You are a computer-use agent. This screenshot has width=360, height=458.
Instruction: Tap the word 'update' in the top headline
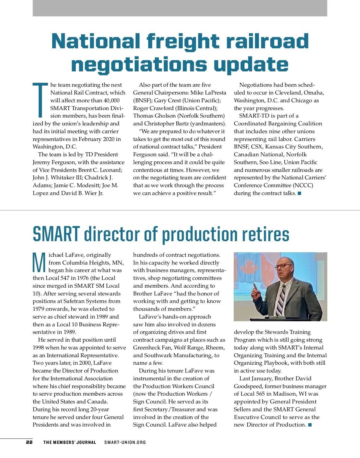250,64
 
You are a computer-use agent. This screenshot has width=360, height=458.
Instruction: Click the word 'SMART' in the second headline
56,234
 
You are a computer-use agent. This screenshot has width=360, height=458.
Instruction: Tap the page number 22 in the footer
29,442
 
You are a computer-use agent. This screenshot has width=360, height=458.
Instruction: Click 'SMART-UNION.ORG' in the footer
125,442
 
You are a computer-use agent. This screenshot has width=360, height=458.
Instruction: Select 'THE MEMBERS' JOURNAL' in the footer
70,442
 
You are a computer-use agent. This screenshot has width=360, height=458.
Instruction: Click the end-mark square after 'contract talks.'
299,193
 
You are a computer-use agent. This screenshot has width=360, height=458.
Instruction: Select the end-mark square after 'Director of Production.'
310,425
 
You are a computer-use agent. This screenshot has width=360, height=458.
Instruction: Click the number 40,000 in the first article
111,100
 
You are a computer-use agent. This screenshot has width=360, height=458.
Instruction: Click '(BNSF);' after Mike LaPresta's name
142,100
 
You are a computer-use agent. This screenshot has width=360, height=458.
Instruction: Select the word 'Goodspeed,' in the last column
249,386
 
